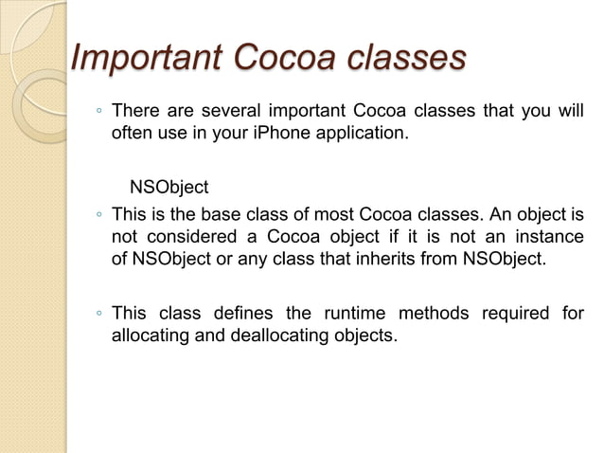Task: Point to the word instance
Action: pos(550,235)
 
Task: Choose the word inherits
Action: pos(383,256)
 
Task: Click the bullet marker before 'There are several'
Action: pos(98,113)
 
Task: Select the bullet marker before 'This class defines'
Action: pos(98,315)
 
